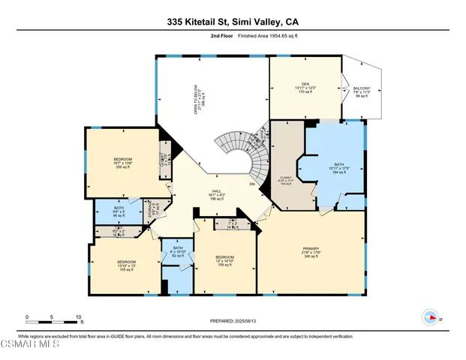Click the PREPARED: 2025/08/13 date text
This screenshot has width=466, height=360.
coord(233,321)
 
